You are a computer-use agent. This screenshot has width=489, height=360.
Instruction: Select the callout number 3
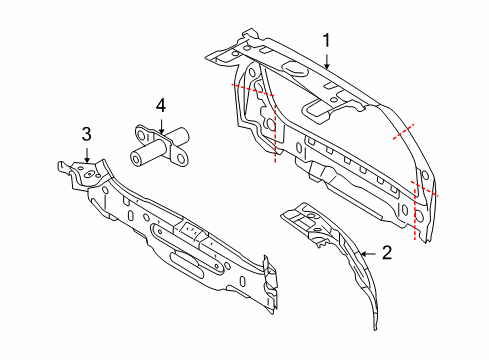point(87,133)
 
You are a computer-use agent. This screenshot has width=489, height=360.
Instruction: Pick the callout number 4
point(160,104)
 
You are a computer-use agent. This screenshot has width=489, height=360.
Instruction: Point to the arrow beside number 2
point(370,255)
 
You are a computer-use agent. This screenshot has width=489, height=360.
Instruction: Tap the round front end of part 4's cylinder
point(135,156)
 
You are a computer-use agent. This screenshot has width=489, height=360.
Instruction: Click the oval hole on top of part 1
point(297,69)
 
